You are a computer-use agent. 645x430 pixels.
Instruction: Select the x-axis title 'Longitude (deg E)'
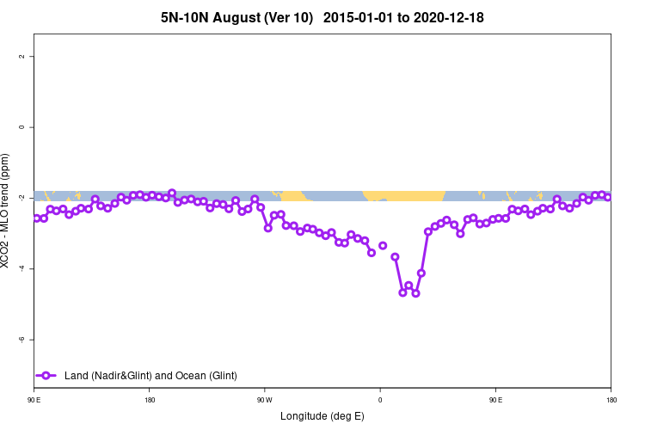tap(322, 416)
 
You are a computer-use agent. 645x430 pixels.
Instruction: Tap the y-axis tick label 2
tap(32, 56)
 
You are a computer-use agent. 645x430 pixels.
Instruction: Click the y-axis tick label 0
tap(32, 127)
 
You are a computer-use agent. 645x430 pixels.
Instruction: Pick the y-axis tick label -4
tap(32, 269)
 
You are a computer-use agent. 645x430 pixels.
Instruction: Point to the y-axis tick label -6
tap(32, 340)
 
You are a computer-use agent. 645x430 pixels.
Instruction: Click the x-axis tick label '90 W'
tap(264, 400)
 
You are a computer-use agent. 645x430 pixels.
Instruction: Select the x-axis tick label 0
tap(380, 400)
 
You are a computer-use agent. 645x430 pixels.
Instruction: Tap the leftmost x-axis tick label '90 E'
tap(35, 400)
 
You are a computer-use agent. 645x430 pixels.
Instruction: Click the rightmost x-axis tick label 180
tap(611, 400)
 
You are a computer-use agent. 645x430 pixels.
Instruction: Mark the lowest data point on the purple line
tap(415, 293)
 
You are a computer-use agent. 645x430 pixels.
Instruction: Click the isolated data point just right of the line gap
tap(383, 246)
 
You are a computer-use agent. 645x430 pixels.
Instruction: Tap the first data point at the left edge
tap(37, 218)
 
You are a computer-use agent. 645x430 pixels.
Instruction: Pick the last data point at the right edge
tap(608, 197)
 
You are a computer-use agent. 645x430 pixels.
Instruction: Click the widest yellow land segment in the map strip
tap(404, 195)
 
